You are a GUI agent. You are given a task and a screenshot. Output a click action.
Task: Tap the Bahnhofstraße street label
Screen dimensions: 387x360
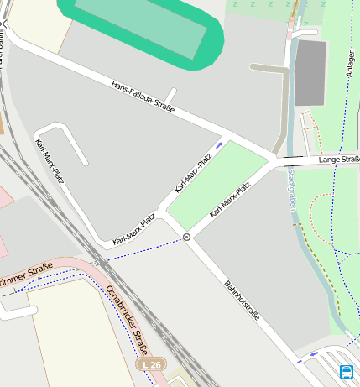242,301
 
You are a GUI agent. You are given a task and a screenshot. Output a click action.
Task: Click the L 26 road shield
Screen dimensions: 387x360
152,365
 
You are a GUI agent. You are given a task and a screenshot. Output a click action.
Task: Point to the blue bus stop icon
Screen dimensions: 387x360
346,371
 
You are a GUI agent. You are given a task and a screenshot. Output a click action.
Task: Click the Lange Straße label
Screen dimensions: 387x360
338,158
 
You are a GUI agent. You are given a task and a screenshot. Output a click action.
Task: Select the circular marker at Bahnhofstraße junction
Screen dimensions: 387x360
187,238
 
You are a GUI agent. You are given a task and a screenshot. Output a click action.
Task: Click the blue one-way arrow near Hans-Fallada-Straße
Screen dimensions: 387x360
219,144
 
